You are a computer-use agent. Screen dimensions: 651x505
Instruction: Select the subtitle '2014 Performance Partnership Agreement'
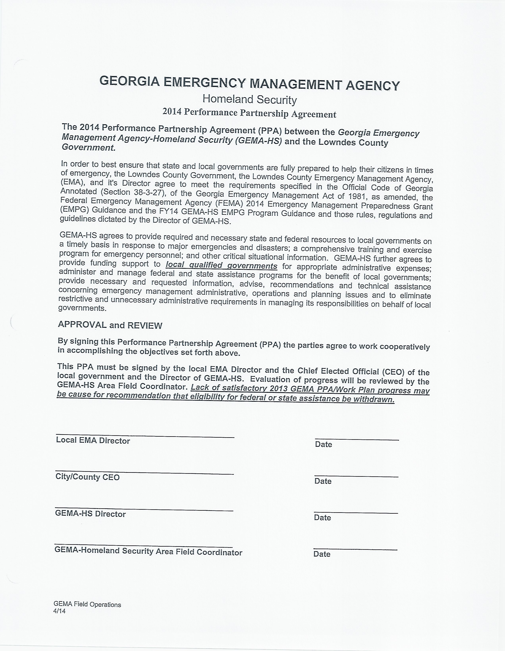pos(249,113)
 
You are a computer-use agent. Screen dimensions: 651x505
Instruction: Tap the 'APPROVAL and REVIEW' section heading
pos(110,325)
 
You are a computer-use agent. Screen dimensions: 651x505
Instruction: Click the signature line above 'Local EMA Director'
pos(145,435)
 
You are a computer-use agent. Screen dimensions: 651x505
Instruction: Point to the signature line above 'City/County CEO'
pos(144,472)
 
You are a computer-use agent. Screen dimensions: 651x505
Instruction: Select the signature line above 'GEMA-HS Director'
pos(144,508)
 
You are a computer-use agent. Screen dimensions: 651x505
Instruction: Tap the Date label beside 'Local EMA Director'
pos(323,444)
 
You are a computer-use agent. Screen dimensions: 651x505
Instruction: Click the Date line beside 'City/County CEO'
pos(356,476)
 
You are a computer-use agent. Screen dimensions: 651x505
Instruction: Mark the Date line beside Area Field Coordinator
pos(355,549)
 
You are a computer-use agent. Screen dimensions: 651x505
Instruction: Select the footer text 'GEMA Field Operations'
pos(87,605)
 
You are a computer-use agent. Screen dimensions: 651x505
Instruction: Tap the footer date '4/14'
pos(59,611)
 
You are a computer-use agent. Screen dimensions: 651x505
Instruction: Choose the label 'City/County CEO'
pos(88,477)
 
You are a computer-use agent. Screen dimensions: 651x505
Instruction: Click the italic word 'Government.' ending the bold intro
pos(89,147)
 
